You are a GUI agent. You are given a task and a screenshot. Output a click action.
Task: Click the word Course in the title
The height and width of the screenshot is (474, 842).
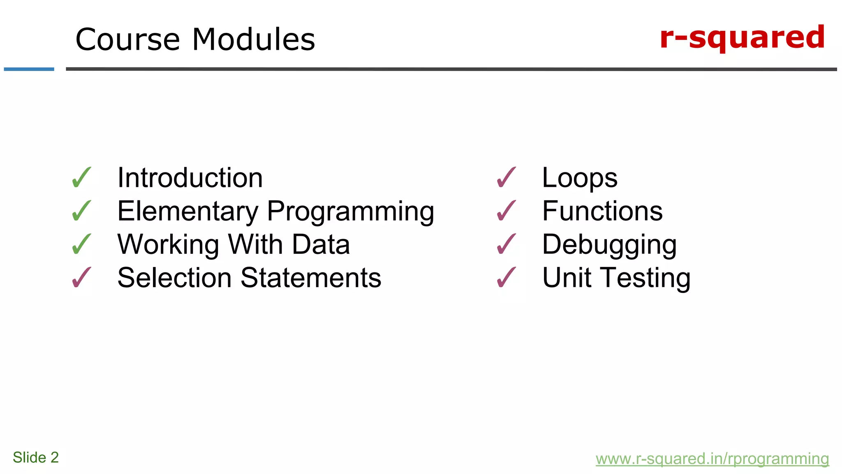pos(127,39)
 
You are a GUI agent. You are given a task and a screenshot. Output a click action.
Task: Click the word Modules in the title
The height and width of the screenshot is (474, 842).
pos(253,39)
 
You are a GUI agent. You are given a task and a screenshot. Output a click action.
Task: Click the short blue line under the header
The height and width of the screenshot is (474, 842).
pos(29,69)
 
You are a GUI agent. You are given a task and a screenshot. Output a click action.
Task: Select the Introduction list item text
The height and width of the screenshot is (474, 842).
pos(190,178)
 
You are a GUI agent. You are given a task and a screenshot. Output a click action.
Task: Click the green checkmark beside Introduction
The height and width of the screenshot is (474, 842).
pos(81,178)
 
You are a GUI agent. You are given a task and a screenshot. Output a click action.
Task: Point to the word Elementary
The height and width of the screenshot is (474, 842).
pos(187,211)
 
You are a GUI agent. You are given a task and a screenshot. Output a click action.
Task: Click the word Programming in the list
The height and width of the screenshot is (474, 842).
pos(350,212)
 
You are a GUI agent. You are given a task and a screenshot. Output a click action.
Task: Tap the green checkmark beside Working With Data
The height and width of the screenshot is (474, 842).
pos(81,244)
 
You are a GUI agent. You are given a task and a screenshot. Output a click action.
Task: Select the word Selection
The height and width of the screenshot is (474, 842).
pos(174,278)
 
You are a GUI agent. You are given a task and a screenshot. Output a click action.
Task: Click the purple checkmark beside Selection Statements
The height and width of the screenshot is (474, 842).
pos(81,278)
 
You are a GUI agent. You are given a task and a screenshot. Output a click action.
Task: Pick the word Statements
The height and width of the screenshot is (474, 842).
pos(311,278)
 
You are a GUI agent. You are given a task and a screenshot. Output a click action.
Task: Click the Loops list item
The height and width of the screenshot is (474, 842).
pos(579,178)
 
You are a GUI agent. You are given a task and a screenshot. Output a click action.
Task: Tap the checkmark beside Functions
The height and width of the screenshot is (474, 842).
pos(506,211)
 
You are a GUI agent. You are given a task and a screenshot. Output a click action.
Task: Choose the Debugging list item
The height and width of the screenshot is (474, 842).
pos(609,245)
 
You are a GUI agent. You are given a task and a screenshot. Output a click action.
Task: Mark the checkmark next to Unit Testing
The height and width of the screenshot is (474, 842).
pos(506,278)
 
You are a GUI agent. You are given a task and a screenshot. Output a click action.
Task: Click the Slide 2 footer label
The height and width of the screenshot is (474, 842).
pos(36,458)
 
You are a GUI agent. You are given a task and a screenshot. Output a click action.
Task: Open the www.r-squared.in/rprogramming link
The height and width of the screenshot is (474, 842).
pos(712,459)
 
